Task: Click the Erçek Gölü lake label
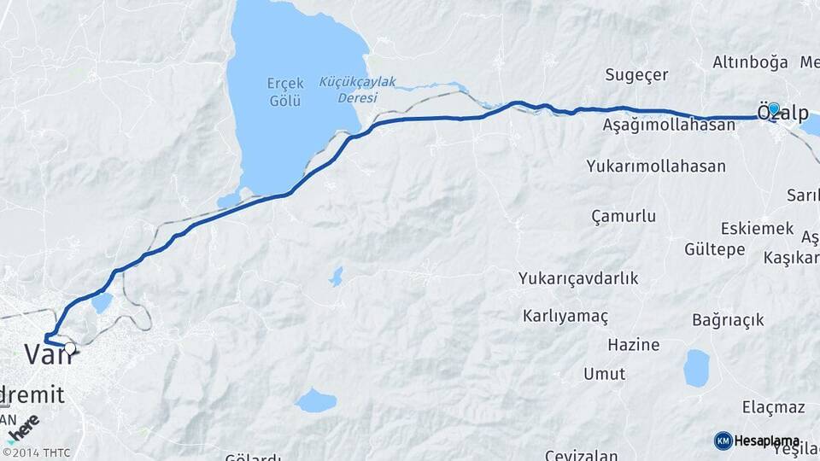click(x=284, y=91)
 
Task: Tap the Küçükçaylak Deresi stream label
click(x=358, y=90)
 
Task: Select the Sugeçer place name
click(x=636, y=75)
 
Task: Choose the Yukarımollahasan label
click(x=656, y=166)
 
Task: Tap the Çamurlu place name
click(x=624, y=216)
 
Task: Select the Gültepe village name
click(x=715, y=249)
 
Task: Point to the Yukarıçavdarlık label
click(x=578, y=278)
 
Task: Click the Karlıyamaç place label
click(x=565, y=317)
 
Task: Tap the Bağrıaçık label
click(x=728, y=320)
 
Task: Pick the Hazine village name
click(x=633, y=345)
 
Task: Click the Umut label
click(x=604, y=374)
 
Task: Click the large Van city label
click(x=48, y=354)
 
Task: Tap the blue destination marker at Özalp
click(x=774, y=109)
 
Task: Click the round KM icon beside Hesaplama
click(x=723, y=441)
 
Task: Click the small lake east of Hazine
click(x=696, y=367)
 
